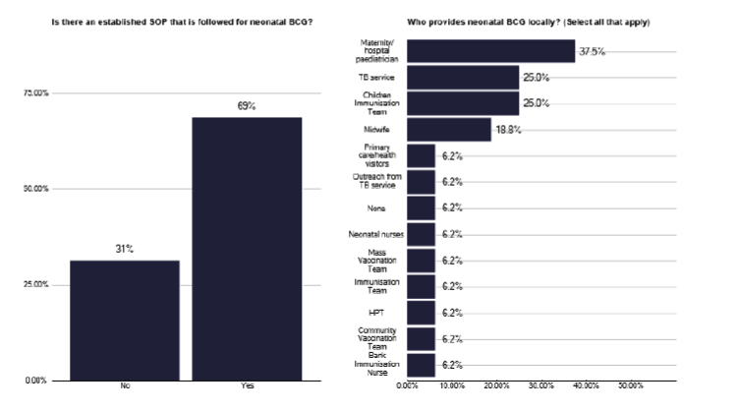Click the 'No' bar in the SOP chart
coord(125,320)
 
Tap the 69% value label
coord(247,106)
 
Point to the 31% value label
coord(125,250)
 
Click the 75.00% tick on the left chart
coord(37,93)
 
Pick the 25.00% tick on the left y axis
coord(37,285)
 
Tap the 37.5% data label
coord(592,51)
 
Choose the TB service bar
coord(462,77)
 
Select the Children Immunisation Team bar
coord(462,103)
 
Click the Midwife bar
coord(448,129)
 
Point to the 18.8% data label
coord(507,129)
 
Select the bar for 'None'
coord(421,207)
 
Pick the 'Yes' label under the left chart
coord(248,386)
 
